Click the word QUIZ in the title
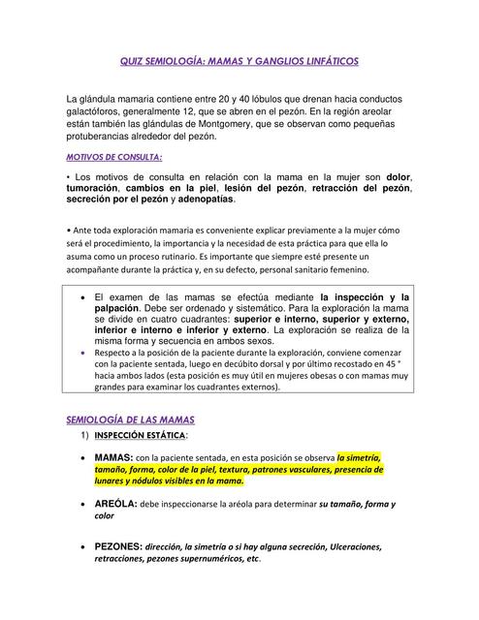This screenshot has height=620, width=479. click(132, 61)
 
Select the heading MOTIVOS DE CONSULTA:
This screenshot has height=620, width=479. click(113, 156)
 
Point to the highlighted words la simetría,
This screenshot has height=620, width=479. click(359, 456)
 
